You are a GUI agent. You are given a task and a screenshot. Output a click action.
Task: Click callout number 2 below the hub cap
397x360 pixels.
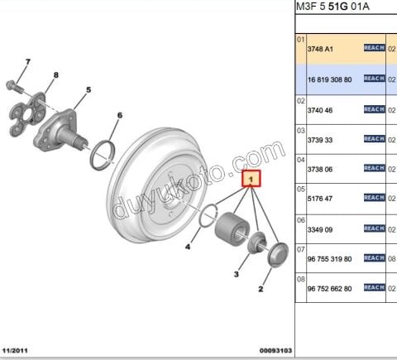pyautogui.click(x=262, y=289)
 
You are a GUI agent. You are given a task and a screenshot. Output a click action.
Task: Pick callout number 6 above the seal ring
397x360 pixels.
pyautogui.click(x=119, y=115)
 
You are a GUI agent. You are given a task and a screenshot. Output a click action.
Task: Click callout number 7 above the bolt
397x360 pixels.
pyautogui.click(x=27, y=62)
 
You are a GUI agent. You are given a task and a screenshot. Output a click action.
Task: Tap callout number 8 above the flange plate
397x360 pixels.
pyautogui.click(x=55, y=75)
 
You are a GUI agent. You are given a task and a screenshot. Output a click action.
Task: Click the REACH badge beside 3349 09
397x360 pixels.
pyautogui.click(x=375, y=228)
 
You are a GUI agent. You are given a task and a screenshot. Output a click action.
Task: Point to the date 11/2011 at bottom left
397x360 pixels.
pyautogui.click(x=19, y=350)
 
